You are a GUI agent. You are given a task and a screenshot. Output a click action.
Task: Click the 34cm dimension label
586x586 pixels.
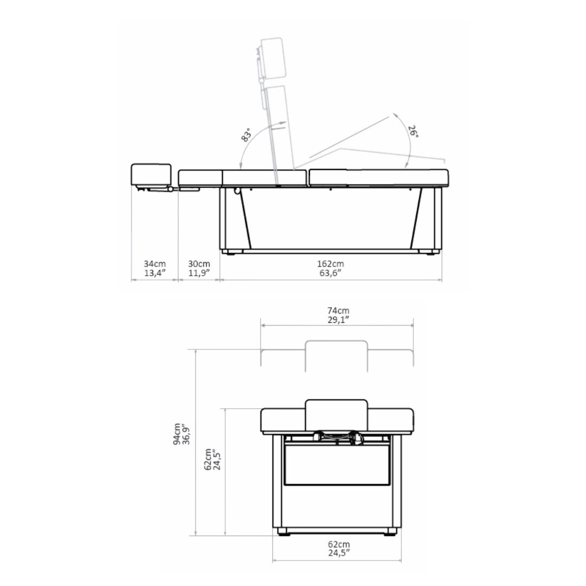155,264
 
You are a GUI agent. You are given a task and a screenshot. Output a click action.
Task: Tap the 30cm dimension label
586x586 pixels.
199,264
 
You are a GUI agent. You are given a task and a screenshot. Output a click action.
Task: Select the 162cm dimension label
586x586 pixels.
330,264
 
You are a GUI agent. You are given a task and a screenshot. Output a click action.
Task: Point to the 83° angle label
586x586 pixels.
246,135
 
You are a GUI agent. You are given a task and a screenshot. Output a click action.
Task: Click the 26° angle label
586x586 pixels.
413,131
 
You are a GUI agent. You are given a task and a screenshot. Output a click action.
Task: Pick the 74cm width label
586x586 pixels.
338,310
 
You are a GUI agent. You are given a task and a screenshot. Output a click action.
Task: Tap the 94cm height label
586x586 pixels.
177,434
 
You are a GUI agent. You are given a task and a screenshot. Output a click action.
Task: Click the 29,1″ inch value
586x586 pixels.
338,320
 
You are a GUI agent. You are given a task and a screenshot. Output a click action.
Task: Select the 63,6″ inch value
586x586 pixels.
330,273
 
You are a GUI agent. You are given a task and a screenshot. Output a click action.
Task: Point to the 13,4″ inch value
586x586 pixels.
155,273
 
